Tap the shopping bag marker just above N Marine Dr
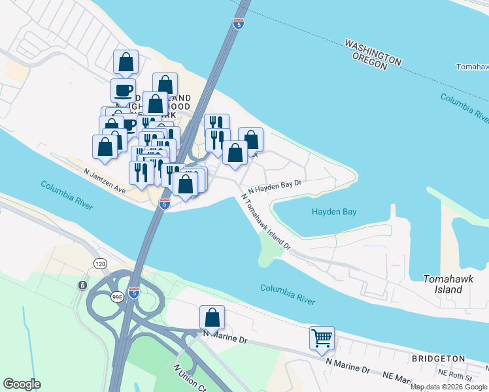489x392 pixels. (x=212, y=318)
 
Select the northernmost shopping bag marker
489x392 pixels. (x=126, y=63)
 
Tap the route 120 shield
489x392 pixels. (x=100, y=263)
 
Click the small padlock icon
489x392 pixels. (x=82, y=286)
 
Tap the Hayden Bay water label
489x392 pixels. (x=333, y=212)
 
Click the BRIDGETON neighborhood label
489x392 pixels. (x=438, y=359)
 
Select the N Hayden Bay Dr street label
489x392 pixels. (x=274, y=186)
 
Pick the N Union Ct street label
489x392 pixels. (x=186, y=377)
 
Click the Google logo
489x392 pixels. (x=22, y=384)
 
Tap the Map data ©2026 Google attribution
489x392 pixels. (x=448, y=387)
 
